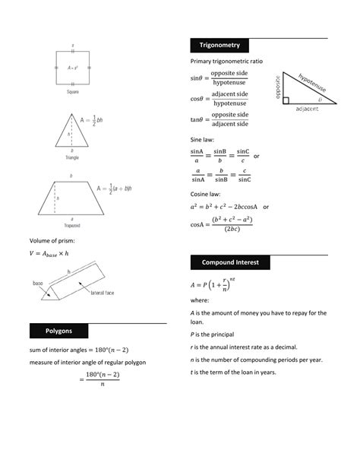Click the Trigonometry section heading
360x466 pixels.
pyautogui.click(x=219, y=45)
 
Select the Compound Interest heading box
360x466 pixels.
pyautogui.click(x=229, y=262)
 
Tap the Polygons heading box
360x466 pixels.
pyautogui.click(x=58, y=331)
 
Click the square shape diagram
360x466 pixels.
pyautogui.click(x=72, y=68)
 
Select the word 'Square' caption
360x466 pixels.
pyautogui.click(x=72, y=92)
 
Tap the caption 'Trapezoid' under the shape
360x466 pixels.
pyautogui.click(x=72, y=226)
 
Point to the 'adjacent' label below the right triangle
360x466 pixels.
pyautogui.click(x=302, y=109)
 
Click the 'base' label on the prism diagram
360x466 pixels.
pyautogui.click(x=38, y=283)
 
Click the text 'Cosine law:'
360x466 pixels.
pyautogui.click(x=206, y=194)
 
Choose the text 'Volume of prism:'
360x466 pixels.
pyautogui.click(x=52, y=241)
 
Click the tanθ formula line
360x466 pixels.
pyautogui.click(x=219, y=119)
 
